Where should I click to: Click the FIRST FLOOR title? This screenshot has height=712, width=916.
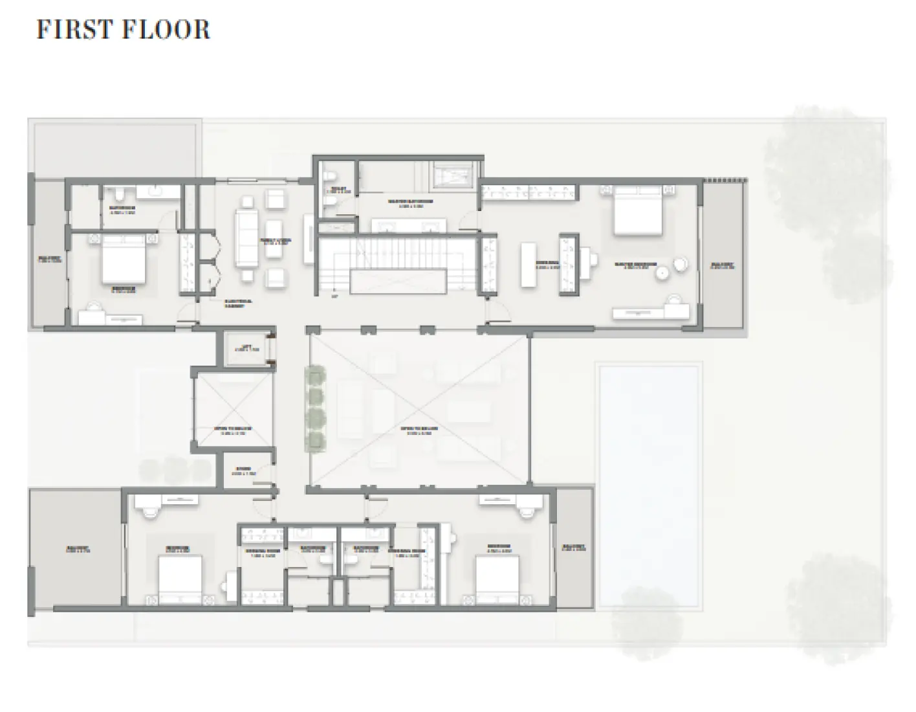point(123,30)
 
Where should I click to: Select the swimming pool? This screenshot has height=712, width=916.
point(648,485)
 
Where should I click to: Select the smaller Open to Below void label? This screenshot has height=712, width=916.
point(232,430)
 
